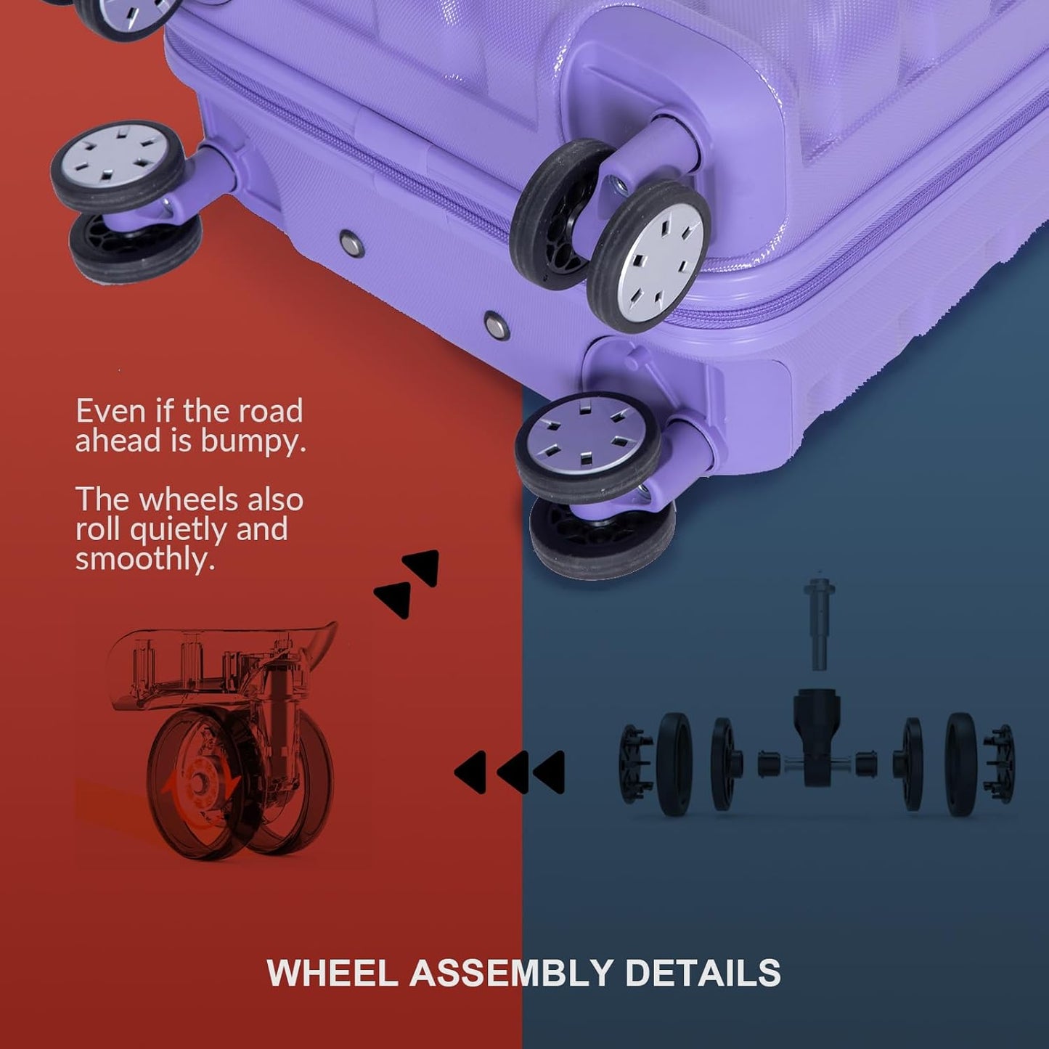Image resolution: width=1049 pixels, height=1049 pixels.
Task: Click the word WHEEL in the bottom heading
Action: (332, 972)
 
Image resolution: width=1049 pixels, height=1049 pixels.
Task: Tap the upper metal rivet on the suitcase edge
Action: (352, 243)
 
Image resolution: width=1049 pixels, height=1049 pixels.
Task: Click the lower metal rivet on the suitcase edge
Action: (497, 326)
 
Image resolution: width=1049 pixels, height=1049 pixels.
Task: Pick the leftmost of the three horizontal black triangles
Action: (470, 772)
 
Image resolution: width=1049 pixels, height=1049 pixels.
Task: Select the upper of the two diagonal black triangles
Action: (422, 567)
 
